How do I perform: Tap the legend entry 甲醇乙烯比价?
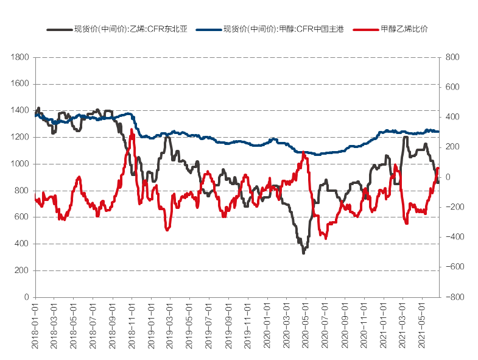[x=399, y=29]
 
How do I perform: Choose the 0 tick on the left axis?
[x=27, y=297]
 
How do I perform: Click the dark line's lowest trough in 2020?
[x=303, y=253]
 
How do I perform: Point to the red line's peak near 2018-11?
[x=132, y=130]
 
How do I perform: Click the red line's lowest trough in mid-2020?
[x=326, y=238]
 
